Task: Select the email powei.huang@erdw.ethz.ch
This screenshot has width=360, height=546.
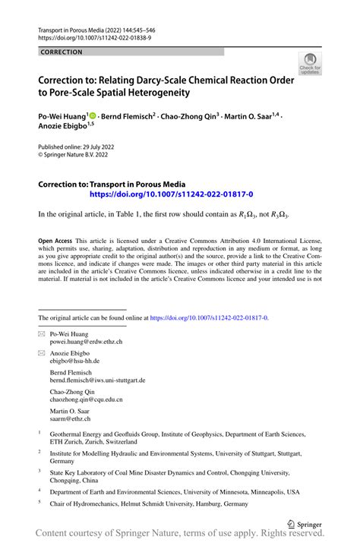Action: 86,342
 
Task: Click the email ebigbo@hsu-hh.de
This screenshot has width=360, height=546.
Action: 77,362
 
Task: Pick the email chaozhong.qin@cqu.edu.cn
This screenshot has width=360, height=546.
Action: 86,399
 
